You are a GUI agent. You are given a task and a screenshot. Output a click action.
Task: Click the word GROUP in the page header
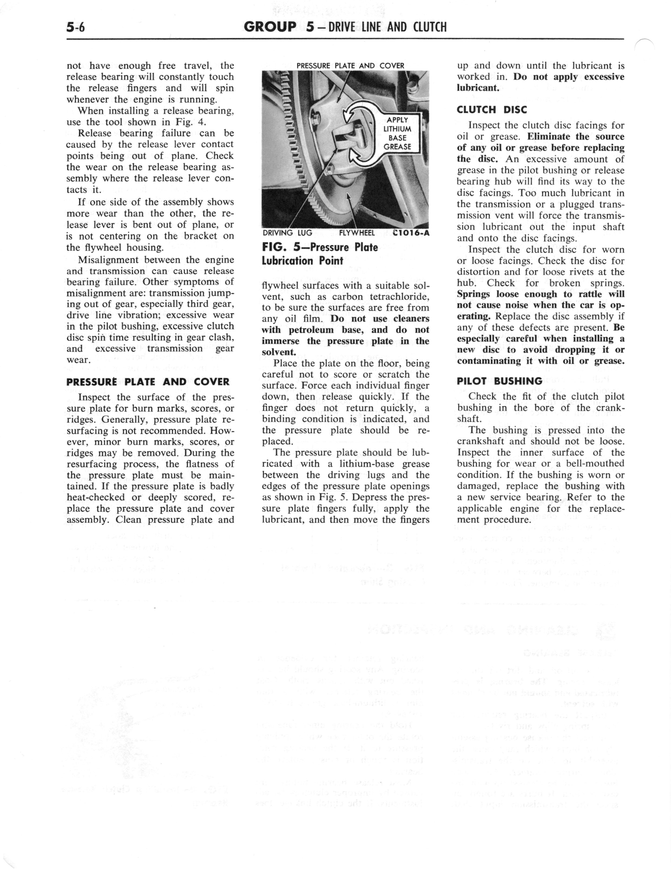coord(270,27)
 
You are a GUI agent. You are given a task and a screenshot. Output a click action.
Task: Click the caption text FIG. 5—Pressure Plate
coord(320,247)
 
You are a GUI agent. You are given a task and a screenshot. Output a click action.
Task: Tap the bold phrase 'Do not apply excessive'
coord(568,77)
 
